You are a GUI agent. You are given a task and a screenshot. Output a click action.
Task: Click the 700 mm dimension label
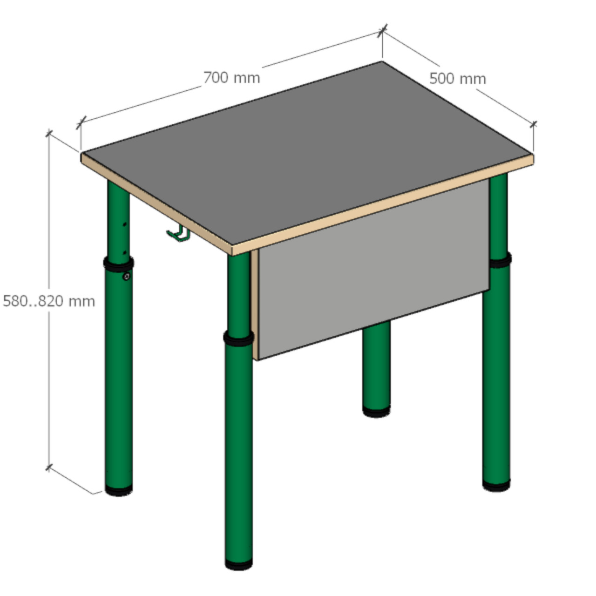[x=232, y=78]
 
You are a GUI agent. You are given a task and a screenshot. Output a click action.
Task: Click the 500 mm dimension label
[x=458, y=79]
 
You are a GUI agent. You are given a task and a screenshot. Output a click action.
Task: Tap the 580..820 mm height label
[x=49, y=301]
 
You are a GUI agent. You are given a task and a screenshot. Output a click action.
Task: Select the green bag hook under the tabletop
[x=178, y=234]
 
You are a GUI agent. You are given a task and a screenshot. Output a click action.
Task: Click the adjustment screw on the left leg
[x=126, y=276]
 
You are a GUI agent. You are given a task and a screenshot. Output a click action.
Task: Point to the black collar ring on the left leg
[x=118, y=264]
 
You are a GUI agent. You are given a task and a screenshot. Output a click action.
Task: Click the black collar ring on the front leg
[x=238, y=338]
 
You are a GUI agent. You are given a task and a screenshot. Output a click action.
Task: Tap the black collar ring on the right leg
[x=500, y=260]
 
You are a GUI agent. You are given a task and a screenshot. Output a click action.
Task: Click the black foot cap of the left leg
[x=119, y=490]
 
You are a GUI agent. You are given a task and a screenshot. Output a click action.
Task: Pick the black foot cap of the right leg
[x=496, y=485]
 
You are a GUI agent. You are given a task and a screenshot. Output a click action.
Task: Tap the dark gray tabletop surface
[x=307, y=152]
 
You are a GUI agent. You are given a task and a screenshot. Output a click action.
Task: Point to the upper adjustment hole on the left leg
[x=125, y=224]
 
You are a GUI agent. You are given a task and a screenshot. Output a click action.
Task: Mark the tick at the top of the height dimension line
[x=49, y=133]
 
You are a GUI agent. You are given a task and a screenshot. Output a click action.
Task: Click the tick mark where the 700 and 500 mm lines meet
[x=383, y=30]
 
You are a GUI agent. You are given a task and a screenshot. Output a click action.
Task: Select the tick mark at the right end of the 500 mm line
[x=533, y=125]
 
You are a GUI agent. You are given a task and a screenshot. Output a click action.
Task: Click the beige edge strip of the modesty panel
[x=255, y=305]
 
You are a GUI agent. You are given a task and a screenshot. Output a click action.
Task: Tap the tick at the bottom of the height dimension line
[x=49, y=467]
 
